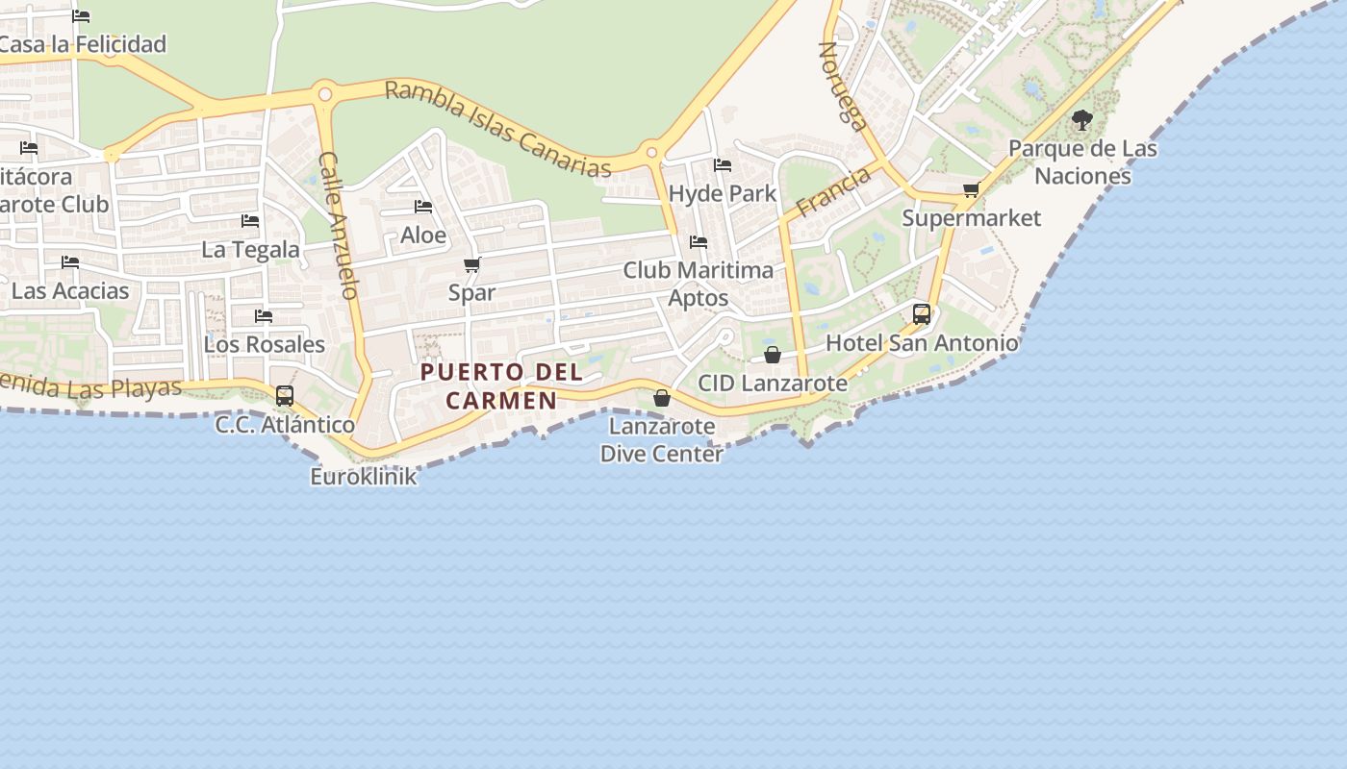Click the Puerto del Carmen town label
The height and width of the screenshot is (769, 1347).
pyautogui.click(x=501, y=385)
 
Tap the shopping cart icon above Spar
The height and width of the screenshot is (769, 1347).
pyautogui.click(x=471, y=264)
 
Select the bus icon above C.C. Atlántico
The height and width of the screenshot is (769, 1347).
pyautogui.click(x=284, y=395)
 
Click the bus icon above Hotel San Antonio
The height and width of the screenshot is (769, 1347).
pyautogui.click(x=921, y=313)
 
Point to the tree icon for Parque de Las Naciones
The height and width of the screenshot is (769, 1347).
pyautogui.click(x=1081, y=120)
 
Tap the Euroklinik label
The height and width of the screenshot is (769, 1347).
pyautogui.click(x=364, y=476)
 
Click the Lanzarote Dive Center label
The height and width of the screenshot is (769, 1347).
pyautogui.click(x=661, y=439)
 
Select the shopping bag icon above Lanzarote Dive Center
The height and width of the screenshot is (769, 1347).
pyautogui.click(x=662, y=397)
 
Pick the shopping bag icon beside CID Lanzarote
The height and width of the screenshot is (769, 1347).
pyautogui.click(x=772, y=355)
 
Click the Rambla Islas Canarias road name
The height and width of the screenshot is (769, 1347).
pyautogui.click(x=497, y=129)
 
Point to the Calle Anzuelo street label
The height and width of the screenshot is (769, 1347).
pyautogui.click(x=339, y=225)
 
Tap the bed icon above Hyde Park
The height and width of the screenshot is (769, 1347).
pyautogui.click(x=723, y=165)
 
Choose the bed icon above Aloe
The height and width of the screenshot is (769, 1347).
pyautogui.click(x=422, y=207)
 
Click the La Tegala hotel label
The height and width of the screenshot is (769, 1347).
pyautogui.click(x=250, y=250)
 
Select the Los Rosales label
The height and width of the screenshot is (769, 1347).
pyautogui.click(x=265, y=344)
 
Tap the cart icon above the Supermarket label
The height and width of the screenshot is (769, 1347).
pyautogui.click(x=971, y=189)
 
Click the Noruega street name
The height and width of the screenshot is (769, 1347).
pyautogui.click(x=843, y=85)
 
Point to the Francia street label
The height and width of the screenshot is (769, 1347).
pyautogui.click(x=833, y=190)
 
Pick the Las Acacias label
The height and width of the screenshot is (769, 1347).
pyautogui.click(x=70, y=290)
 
